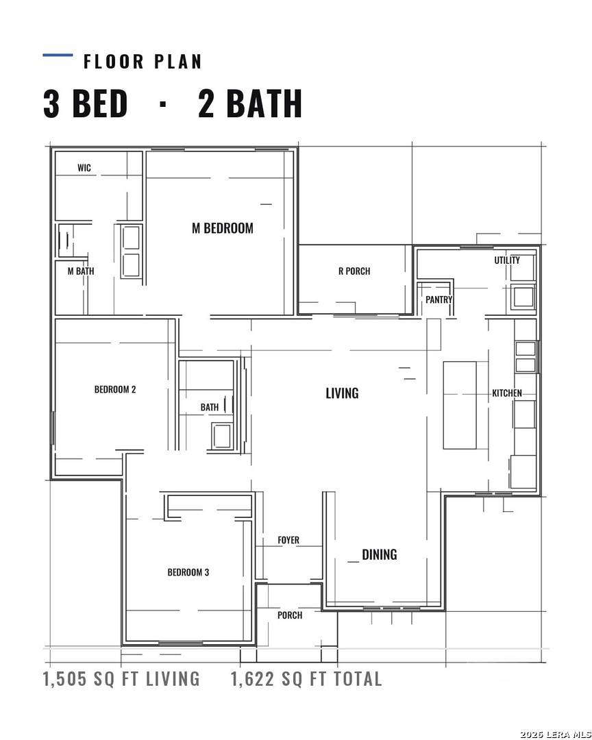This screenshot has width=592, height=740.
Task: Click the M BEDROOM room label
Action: tap(223, 228)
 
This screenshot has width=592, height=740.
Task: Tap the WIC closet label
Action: tap(84, 168)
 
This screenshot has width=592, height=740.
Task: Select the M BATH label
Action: tap(81, 271)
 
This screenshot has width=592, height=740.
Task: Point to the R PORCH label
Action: tap(354, 271)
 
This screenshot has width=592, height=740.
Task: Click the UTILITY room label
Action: tap(507, 260)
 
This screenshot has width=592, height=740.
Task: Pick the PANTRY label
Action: tap(439, 299)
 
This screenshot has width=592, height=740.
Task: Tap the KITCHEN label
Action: tap(507, 393)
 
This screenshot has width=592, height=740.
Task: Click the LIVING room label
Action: tap(343, 393)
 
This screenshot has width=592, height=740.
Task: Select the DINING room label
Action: tap(379, 554)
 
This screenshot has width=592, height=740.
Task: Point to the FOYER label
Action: tap(288, 540)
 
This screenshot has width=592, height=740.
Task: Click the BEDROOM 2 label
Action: tap(115, 389)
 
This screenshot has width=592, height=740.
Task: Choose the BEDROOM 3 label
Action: tap(188, 572)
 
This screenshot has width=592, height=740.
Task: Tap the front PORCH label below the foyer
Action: tap(290, 615)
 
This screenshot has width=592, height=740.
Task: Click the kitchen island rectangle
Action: tap(459, 405)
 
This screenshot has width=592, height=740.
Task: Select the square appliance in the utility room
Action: tap(523, 297)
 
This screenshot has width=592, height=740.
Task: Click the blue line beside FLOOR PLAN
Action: tap(58, 56)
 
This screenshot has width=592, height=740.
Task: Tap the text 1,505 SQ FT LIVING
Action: tap(121, 679)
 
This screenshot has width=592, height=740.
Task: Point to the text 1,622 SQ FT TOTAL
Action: tap(306, 679)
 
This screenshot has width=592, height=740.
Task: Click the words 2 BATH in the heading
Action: tap(250, 103)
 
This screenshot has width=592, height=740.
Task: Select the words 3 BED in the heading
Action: tap(86, 103)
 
